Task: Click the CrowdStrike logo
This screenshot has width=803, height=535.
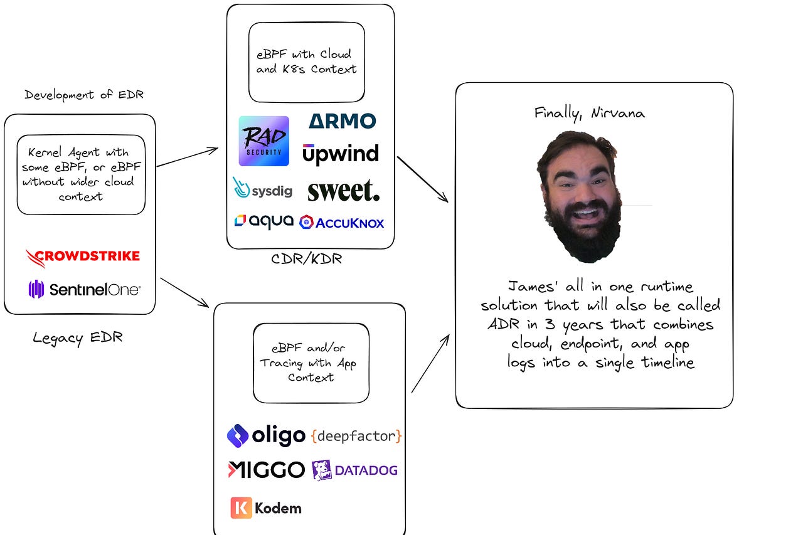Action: pyautogui.click(x=83, y=257)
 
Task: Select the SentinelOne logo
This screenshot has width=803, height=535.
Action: pyautogui.click(x=85, y=289)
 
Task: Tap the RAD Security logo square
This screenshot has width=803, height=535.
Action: pyautogui.click(x=264, y=141)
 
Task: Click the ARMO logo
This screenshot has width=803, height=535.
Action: pyautogui.click(x=343, y=120)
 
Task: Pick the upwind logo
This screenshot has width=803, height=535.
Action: pyautogui.click(x=341, y=154)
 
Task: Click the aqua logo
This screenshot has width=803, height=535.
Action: pyautogui.click(x=263, y=221)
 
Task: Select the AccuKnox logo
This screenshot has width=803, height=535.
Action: pyautogui.click(x=342, y=222)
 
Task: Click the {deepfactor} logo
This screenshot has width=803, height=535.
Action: pyautogui.click(x=356, y=436)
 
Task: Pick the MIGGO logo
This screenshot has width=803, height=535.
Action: pyautogui.click(x=266, y=470)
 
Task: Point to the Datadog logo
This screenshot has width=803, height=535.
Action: pyautogui.click(x=354, y=470)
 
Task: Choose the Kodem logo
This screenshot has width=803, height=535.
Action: pyautogui.click(x=266, y=507)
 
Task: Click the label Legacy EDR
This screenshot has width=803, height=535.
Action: pyautogui.click(x=78, y=338)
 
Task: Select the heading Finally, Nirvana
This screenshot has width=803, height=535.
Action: pyautogui.click(x=589, y=113)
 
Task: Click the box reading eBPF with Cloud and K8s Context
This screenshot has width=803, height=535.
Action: pyautogui.click(x=307, y=62)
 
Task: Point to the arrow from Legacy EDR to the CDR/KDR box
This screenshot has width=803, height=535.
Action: pyautogui.click(x=187, y=157)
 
